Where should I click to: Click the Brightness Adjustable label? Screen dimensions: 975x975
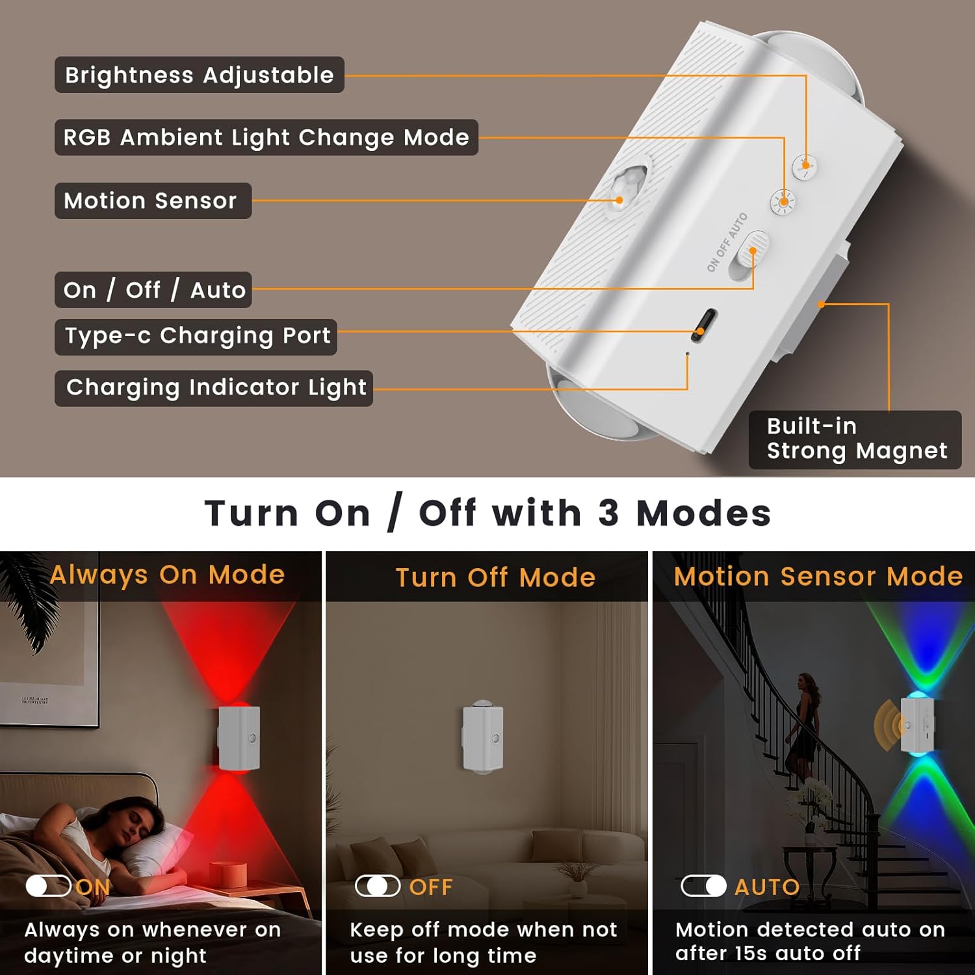pos(199,75)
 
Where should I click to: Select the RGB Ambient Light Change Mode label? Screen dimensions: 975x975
pos(266,137)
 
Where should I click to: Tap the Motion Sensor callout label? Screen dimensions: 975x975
pos(152,200)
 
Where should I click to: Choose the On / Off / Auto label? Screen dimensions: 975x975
pos(153,289)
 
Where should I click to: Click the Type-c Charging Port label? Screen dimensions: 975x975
pos(196,336)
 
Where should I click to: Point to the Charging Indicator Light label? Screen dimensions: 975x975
pos(214,387)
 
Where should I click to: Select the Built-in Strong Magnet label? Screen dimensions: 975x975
pos(855,439)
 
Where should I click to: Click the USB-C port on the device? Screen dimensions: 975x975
pos(704,324)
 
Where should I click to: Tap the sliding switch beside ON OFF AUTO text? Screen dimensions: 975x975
pos(747,255)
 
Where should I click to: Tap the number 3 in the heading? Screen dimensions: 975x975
pos(608,513)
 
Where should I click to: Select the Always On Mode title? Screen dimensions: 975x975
pos(168,575)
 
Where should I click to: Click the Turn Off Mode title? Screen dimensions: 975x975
pos(495,577)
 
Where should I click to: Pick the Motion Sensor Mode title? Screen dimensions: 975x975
pos(818,576)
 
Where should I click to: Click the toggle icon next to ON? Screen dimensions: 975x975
pos(48,885)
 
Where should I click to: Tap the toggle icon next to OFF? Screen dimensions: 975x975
pos(378,885)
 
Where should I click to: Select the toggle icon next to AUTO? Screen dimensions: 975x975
pos(703,885)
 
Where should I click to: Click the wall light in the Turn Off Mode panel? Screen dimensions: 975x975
pos(483,738)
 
